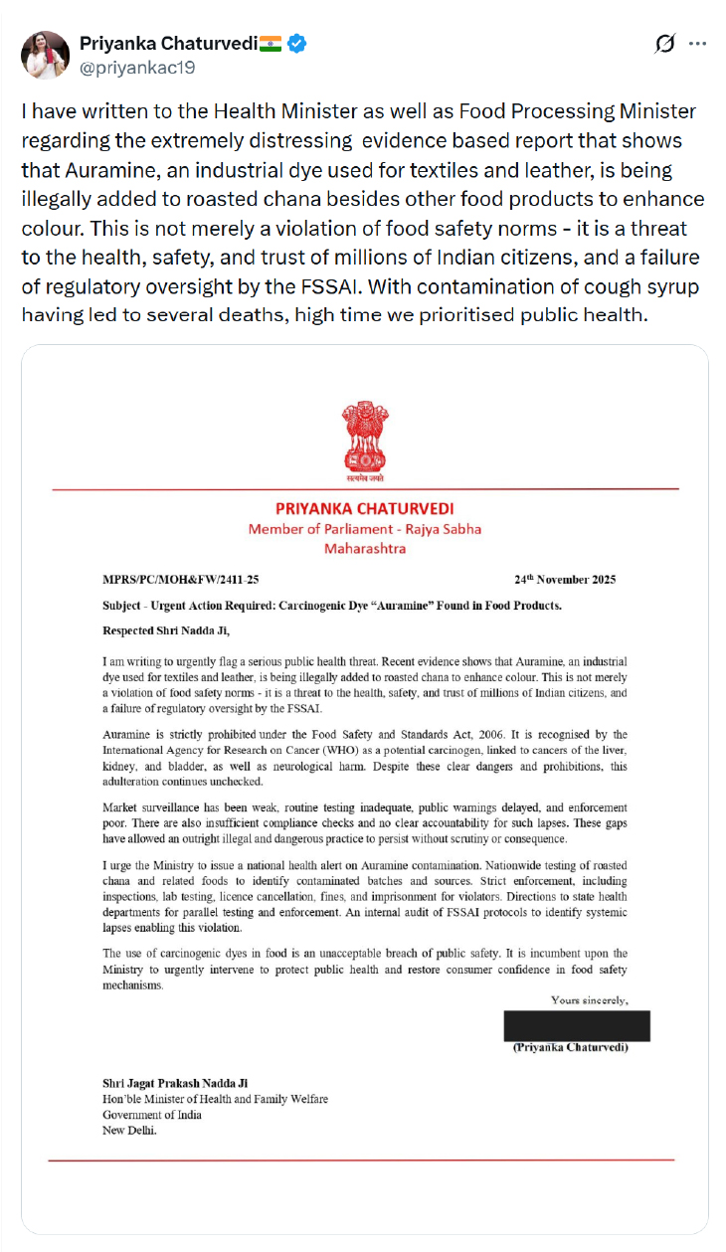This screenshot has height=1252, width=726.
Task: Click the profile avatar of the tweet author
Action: click(46, 55)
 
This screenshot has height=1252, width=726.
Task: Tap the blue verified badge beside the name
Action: click(297, 44)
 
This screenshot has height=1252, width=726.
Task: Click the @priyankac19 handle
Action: click(136, 68)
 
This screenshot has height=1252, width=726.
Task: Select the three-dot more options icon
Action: click(698, 44)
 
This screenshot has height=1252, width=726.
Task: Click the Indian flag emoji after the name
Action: click(271, 44)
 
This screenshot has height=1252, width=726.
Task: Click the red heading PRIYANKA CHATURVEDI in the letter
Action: click(365, 509)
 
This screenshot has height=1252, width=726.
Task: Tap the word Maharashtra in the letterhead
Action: click(365, 548)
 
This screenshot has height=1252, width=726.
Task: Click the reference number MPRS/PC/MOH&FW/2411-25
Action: click(181, 580)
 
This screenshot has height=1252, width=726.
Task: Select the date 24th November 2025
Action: click(565, 580)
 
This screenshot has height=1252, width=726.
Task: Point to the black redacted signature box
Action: click(577, 1025)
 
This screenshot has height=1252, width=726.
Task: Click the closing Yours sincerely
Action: click(590, 999)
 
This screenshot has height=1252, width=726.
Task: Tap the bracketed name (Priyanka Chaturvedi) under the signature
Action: click(570, 1047)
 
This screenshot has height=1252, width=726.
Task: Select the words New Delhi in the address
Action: click(130, 1130)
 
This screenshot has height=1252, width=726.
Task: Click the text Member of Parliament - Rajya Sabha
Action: click(365, 529)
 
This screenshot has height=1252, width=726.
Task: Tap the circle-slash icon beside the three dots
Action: click(665, 44)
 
